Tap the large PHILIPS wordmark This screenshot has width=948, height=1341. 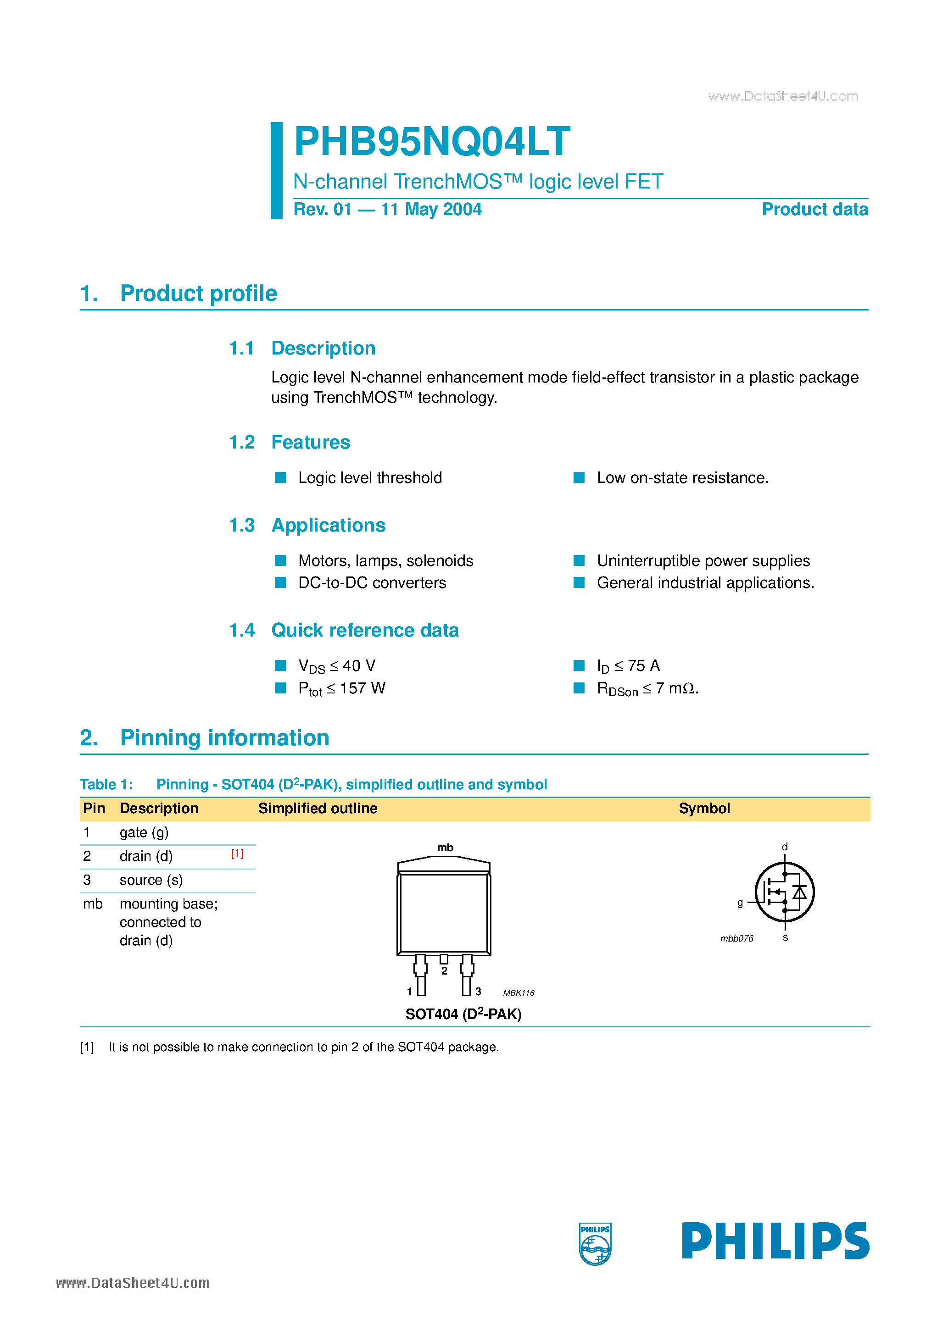pos(775,1241)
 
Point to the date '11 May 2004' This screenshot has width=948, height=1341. pos(431,210)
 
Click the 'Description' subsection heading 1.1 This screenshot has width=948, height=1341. pos(323,348)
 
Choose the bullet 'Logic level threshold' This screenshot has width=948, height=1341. pos(369,478)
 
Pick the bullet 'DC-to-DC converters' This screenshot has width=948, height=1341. pos(372,583)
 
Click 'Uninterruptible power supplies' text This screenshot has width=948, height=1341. pos(703,561)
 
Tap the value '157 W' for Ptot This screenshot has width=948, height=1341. pos(362,688)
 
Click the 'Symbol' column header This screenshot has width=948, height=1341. pos(704,809)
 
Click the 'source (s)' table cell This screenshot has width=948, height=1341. pos(151,880)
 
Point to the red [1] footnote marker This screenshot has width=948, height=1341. pos(237,854)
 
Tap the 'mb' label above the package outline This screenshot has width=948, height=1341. pos(445,848)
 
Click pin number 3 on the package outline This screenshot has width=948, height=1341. pos(478,991)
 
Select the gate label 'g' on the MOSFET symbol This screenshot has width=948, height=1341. pos(740,903)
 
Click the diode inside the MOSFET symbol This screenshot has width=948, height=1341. pos(799,892)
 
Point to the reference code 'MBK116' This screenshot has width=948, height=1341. pos(519,993)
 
